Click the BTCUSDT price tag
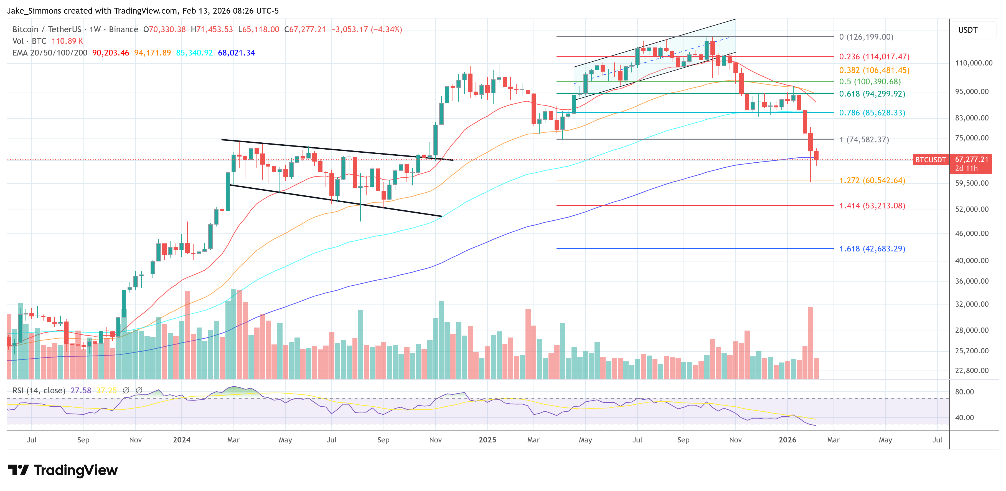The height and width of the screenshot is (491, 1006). coord(930,160)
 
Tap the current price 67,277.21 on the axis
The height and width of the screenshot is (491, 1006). coord(971,160)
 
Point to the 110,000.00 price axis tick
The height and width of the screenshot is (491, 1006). coord(973,63)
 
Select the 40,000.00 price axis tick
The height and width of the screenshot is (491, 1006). coord(971,261)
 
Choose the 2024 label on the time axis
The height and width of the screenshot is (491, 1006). coord(182,440)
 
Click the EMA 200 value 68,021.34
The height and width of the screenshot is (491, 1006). coord(236,53)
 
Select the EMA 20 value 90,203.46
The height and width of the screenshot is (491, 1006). coord(111,53)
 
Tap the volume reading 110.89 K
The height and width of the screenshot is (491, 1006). coord(67,41)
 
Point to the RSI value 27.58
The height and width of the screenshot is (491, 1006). coord(81,391)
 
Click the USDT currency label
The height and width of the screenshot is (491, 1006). coord(967,30)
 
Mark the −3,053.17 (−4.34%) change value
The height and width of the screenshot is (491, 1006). coord(366,29)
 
